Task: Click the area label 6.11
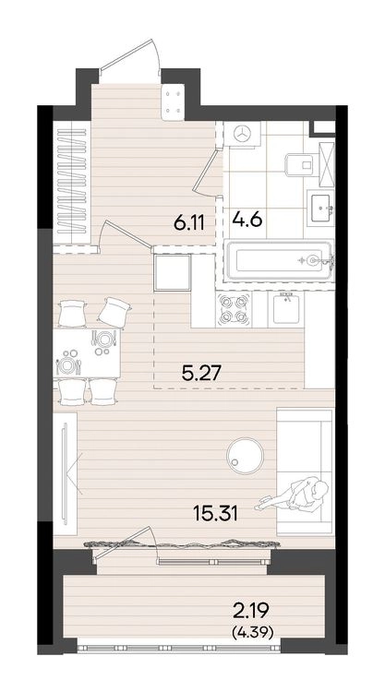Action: click(x=188, y=224)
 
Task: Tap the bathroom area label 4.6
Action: click(x=247, y=219)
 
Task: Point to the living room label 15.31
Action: click(x=215, y=513)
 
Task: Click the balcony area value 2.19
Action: click(x=250, y=612)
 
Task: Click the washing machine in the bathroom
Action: click(x=242, y=134)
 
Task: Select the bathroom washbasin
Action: click(x=321, y=209)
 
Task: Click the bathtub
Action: click(x=279, y=260)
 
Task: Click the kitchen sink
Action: click(x=285, y=309)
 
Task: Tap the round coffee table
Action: click(x=245, y=456)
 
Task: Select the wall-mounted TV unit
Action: click(x=65, y=473)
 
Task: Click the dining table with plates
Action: click(x=87, y=352)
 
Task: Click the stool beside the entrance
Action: click(x=173, y=101)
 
